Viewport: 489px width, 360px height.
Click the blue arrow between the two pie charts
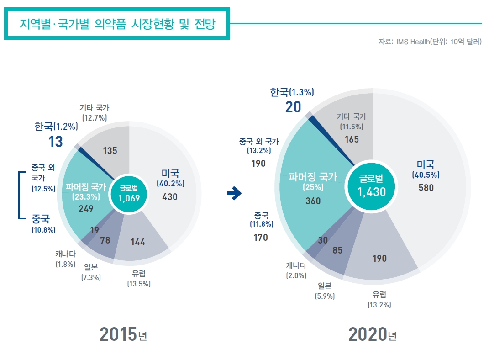click(x=234, y=194)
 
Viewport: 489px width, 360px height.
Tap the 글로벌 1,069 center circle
click(x=129, y=194)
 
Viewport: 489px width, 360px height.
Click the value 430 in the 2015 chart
click(x=169, y=197)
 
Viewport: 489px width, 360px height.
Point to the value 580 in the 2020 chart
click(x=426, y=187)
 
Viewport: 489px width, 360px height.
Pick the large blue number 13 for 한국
click(x=56, y=142)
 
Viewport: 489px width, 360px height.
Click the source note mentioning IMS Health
click(x=430, y=42)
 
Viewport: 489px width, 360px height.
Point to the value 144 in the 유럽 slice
click(x=137, y=242)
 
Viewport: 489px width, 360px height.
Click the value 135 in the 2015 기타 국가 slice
click(x=111, y=150)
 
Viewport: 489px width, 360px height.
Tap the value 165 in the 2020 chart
click(x=352, y=139)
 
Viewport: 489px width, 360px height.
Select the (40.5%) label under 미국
click(x=426, y=175)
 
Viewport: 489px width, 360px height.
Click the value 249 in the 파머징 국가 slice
click(x=86, y=209)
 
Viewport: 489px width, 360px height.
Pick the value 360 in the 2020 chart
click(x=313, y=201)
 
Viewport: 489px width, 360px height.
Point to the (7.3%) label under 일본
click(x=91, y=277)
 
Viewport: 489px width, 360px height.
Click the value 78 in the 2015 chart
click(x=105, y=240)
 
